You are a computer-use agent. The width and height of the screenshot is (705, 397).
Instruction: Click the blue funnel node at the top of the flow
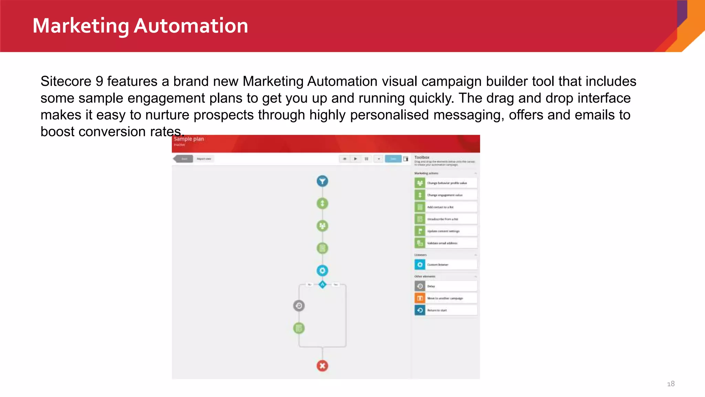click(x=322, y=181)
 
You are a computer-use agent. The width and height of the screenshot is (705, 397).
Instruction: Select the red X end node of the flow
click(x=322, y=366)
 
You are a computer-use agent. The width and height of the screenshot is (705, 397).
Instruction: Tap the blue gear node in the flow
click(x=322, y=271)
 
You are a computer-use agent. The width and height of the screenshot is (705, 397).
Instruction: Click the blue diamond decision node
click(x=322, y=285)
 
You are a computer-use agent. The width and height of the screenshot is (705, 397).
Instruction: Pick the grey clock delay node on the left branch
click(x=299, y=306)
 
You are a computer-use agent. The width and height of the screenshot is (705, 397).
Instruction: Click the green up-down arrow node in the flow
click(x=322, y=203)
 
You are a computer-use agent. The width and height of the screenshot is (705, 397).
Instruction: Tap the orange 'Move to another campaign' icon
click(x=420, y=298)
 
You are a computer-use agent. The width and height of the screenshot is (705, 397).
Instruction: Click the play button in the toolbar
click(x=355, y=159)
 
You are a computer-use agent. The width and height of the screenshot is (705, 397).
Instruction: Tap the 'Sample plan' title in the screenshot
click(x=189, y=139)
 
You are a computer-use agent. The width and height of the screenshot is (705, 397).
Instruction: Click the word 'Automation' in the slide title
click(x=191, y=26)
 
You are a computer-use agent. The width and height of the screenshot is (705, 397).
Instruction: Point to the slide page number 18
click(x=671, y=384)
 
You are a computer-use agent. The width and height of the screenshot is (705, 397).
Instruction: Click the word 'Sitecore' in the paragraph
click(x=66, y=82)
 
